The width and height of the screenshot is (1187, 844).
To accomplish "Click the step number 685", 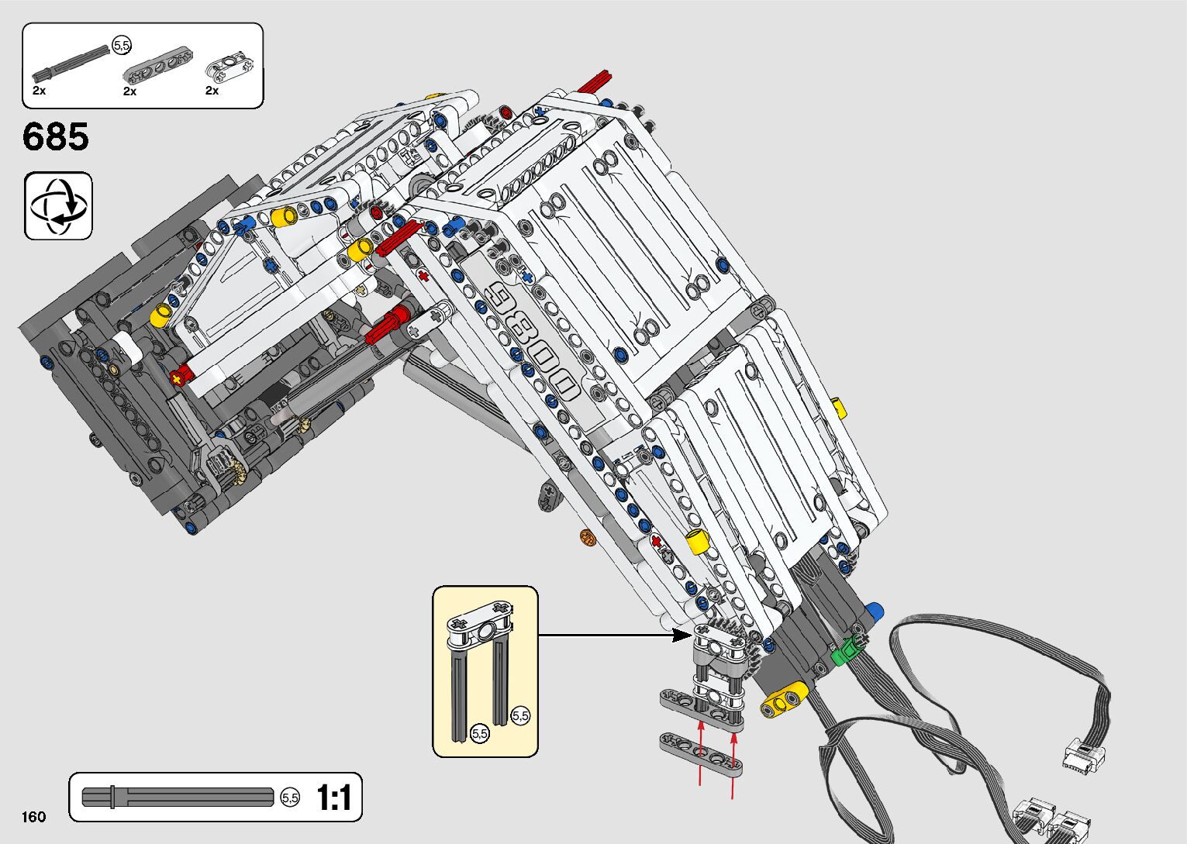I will pos(56,137).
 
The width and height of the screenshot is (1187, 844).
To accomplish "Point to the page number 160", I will pos(34,816).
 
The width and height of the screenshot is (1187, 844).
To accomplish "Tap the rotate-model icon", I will pos(58,206).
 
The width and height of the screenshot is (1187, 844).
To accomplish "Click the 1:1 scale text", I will pos(333,797).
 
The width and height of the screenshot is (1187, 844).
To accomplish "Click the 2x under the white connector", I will pos(212,91).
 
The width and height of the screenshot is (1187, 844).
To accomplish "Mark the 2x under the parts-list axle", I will pos(40,91).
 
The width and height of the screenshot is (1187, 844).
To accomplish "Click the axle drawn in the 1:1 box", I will pos(178,797).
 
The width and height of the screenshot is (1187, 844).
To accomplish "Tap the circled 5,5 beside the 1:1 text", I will pos(290,797).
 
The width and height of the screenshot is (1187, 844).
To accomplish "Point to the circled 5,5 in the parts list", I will pos(122,46).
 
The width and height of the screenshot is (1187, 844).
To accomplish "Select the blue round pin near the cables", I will pos(874,611).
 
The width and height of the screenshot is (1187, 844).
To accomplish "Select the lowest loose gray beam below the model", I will pos(700,754).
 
